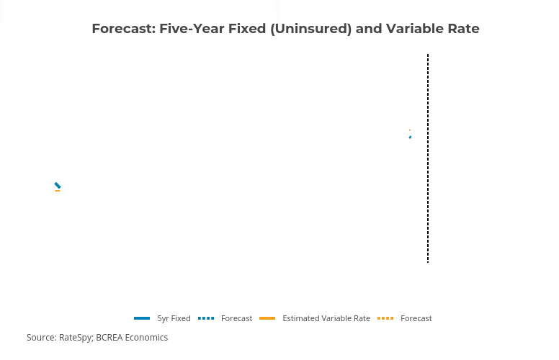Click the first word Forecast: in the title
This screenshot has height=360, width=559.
(x=124, y=29)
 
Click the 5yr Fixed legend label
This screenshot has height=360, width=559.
(x=174, y=318)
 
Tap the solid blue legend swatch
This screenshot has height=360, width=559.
(x=142, y=318)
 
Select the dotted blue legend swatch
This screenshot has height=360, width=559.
(x=206, y=318)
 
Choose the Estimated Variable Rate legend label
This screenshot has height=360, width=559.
(x=326, y=318)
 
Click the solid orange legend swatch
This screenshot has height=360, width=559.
(x=267, y=318)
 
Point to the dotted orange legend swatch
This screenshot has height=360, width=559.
(x=385, y=318)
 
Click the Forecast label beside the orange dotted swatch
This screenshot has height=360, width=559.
(x=416, y=318)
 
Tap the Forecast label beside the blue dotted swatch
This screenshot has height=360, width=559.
(x=236, y=318)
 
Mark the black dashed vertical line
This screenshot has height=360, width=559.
(x=428, y=158)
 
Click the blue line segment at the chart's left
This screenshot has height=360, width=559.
(x=58, y=185)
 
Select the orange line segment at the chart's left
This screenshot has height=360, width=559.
(x=58, y=191)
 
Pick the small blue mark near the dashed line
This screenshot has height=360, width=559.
(x=410, y=138)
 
